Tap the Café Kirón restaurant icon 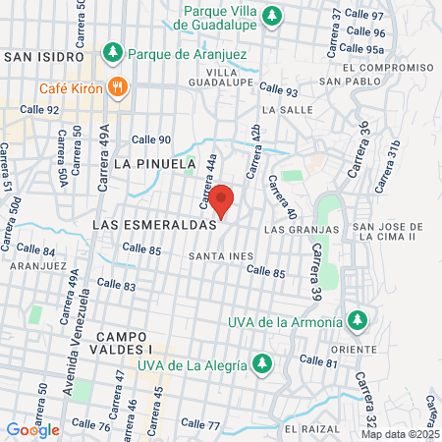(x=119, y=86)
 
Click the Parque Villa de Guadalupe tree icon (x=276, y=15)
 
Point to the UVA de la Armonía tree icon (x=359, y=321)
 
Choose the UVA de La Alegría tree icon (x=262, y=363)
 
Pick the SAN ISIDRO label (x=40, y=57)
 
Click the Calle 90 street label (x=151, y=139)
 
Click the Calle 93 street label (x=279, y=92)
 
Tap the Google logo (x=32, y=429)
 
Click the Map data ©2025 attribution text (x=400, y=434)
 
